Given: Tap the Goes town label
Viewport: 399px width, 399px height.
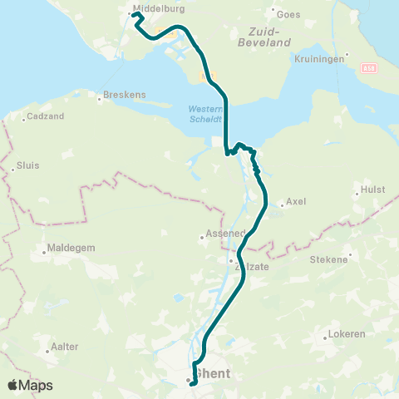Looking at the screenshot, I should (x=288, y=14).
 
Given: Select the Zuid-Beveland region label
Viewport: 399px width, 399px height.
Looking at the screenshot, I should (x=264, y=36).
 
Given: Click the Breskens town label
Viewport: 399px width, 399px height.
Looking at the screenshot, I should (x=126, y=95).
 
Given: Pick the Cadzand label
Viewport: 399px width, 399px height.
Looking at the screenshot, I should (x=42, y=118).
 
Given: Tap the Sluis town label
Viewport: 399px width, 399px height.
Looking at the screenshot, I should (x=28, y=165).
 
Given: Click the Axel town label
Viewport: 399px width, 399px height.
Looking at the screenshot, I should (x=296, y=202).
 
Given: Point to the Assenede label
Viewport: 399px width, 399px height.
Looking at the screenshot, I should (x=222, y=234).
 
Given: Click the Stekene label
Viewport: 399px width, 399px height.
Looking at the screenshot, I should (x=328, y=259).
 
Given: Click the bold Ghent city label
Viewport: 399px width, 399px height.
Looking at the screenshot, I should (x=213, y=374).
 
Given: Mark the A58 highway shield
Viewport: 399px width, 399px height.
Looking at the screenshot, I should (x=370, y=66).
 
